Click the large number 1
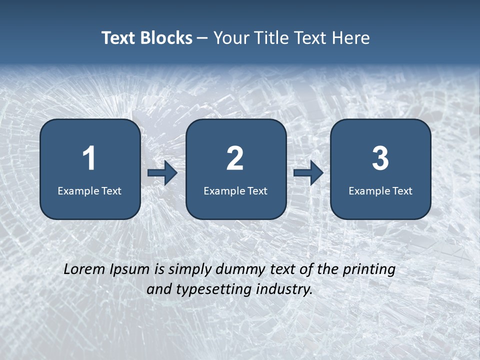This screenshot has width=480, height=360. point(89,158)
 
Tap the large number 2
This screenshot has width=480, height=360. point(235,158)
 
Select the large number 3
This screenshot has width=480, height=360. point(380,158)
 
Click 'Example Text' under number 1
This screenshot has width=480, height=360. point(89,191)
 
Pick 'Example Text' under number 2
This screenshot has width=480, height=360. point(235,191)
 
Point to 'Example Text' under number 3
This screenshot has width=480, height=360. point(380,191)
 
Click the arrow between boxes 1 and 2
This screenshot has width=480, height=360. point(162,173)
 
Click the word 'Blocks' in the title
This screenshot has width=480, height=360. point(167,38)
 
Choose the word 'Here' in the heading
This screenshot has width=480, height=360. point(352,38)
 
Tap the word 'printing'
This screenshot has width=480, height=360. point(369,270)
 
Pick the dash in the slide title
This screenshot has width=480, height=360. point(202,38)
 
